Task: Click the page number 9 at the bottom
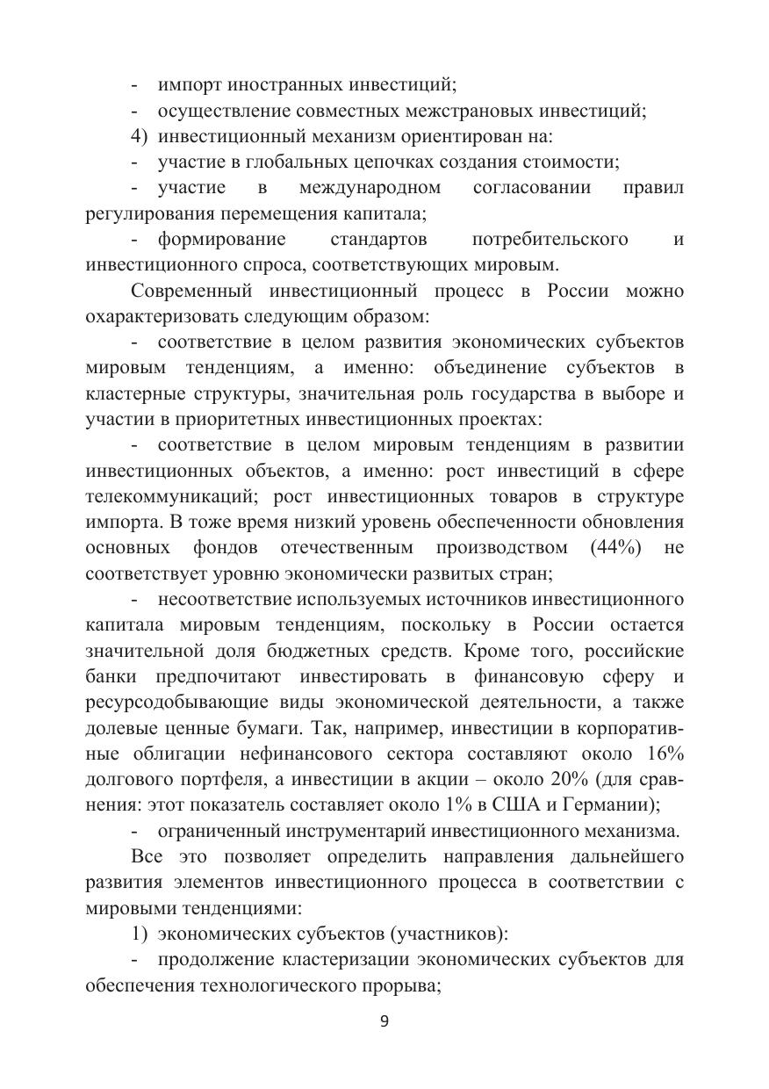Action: pos(384,1021)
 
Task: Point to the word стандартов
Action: pos(378,239)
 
